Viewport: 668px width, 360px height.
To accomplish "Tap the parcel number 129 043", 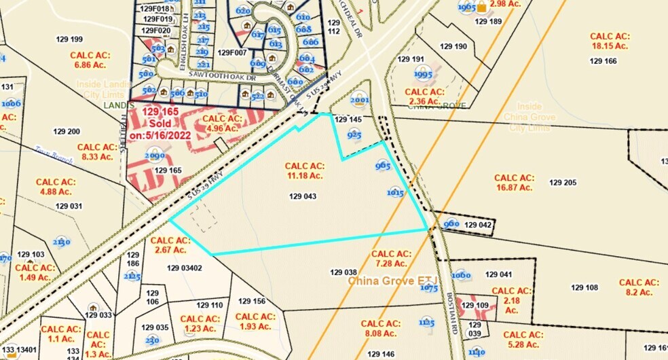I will (303, 196).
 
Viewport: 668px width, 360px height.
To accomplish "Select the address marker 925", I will (354, 135).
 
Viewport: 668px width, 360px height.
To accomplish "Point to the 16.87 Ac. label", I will (515, 182).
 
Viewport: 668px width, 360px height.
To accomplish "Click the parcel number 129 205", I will (563, 182).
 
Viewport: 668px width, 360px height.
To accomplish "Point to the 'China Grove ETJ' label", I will (394, 280).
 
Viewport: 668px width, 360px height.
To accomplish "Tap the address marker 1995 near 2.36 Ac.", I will (423, 73).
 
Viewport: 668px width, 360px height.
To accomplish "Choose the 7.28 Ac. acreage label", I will (390, 258).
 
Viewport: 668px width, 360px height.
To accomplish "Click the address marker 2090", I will (155, 156).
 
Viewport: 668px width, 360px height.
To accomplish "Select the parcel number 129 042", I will (477, 224).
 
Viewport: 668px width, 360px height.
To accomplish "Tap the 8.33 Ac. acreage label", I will (98, 151).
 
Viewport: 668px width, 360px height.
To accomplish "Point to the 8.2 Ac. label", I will (638, 287).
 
